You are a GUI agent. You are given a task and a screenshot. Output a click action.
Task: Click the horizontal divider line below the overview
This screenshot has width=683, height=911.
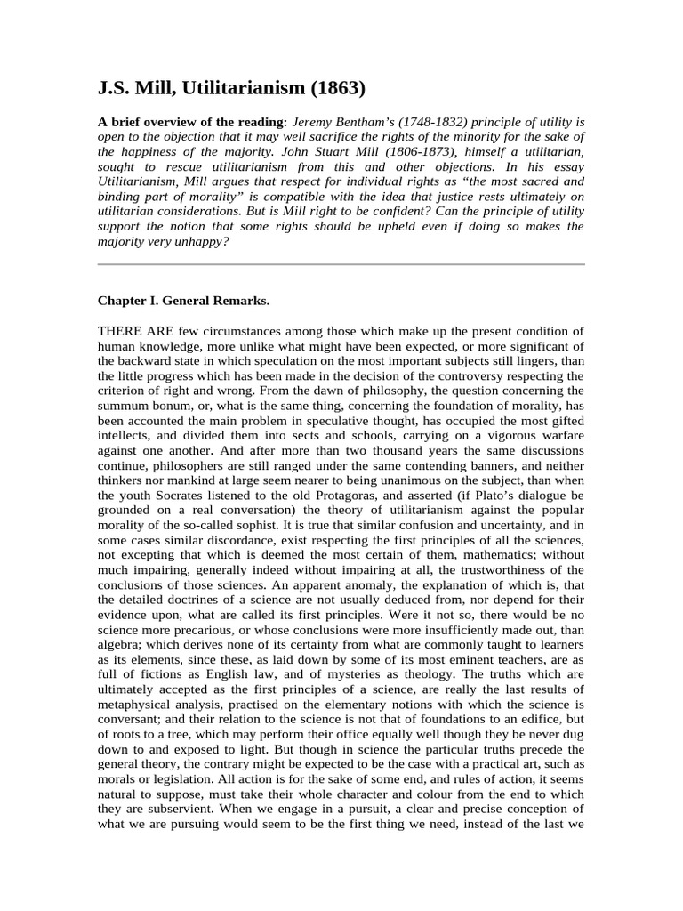[x=341, y=264]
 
